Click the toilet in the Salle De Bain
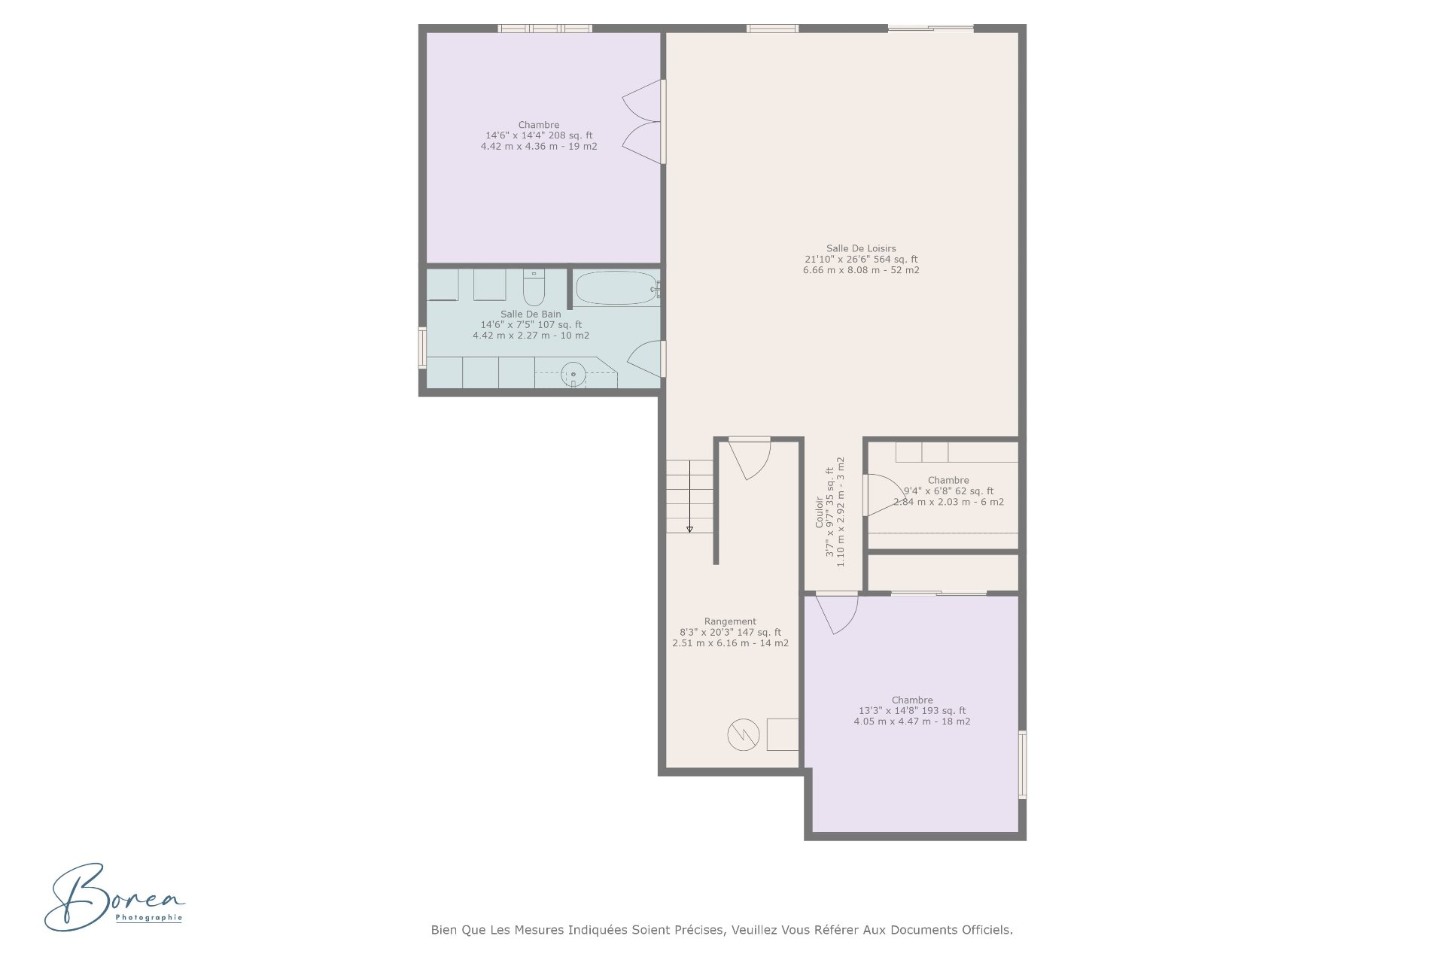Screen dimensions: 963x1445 click(x=534, y=287)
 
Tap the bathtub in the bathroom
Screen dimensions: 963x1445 click(x=616, y=288)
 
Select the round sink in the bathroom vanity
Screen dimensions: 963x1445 click(x=573, y=373)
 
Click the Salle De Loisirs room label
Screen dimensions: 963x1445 click(x=861, y=248)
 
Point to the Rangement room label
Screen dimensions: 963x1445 click(x=730, y=621)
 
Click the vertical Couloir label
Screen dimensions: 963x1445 click(x=820, y=512)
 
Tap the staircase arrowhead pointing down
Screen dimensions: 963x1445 click(x=689, y=530)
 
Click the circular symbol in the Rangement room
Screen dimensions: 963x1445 click(x=743, y=734)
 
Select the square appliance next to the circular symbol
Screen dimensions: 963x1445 click(x=783, y=734)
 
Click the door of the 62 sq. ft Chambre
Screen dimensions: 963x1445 click(x=878, y=495)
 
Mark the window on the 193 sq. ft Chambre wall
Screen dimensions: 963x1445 click(x=1022, y=764)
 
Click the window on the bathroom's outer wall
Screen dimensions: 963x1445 click(x=422, y=348)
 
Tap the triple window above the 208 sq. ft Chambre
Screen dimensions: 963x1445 click(x=545, y=29)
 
